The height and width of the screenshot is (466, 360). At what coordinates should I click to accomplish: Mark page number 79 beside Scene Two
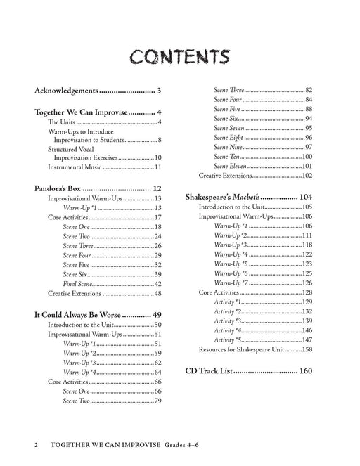click(158, 401)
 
